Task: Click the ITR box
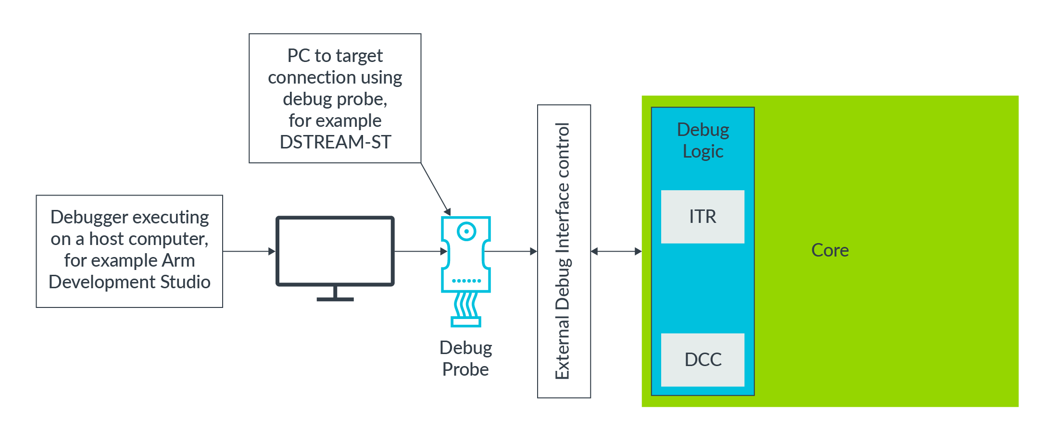click(x=702, y=217)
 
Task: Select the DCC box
click(x=702, y=359)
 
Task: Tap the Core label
click(x=829, y=250)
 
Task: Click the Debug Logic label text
click(x=703, y=140)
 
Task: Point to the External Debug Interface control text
click(x=563, y=251)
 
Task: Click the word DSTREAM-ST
click(x=335, y=142)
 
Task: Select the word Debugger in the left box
click(x=88, y=217)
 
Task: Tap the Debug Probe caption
click(x=465, y=358)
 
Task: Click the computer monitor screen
click(x=335, y=251)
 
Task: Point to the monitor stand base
click(x=335, y=299)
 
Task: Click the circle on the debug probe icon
click(x=466, y=232)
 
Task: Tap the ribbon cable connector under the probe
click(x=465, y=322)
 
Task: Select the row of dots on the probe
click(x=466, y=281)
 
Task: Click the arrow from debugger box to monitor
click(x=249, y=251)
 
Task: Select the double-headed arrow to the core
click(x=616, y=251)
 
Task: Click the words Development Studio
click(x=129, y=282)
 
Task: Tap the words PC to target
click(x=335, y=56)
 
